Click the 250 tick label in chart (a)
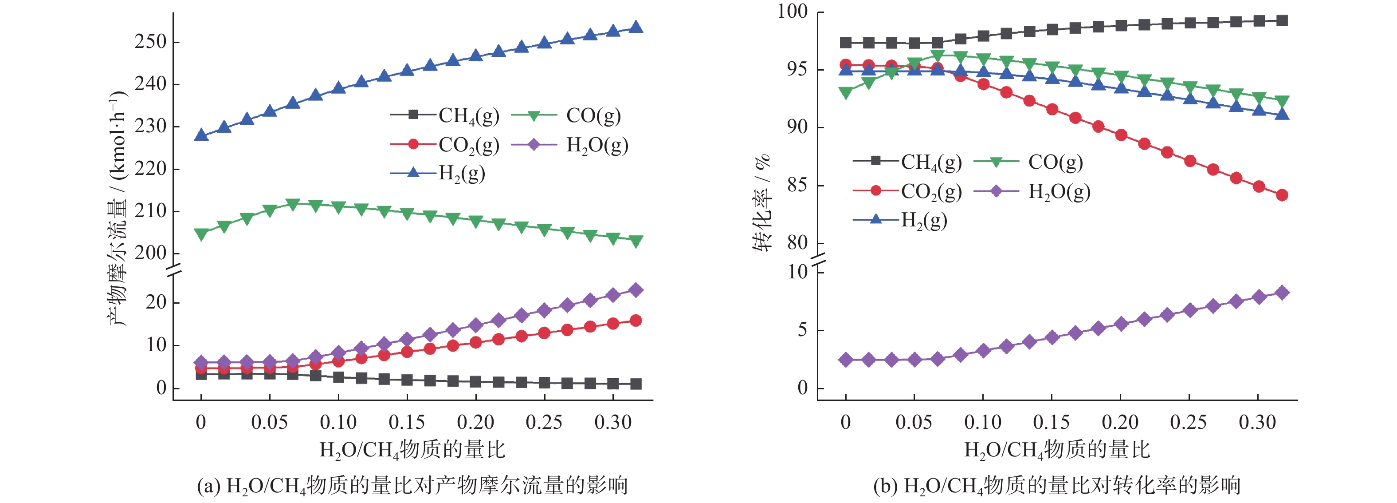(150, 42)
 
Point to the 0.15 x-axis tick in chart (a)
(407, 422)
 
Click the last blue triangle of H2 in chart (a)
(636, 27)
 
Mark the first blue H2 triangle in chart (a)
(201, 135)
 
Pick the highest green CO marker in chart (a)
(293, 205)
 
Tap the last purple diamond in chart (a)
(636, 290)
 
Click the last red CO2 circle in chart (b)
(1282, 195)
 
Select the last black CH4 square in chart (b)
(1282, 20)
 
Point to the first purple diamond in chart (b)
(845, 360)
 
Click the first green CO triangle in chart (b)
(845, 93)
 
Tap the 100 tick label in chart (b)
(793, 12)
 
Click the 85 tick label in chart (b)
(797, 186)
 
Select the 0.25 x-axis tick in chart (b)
(1188, 422)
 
